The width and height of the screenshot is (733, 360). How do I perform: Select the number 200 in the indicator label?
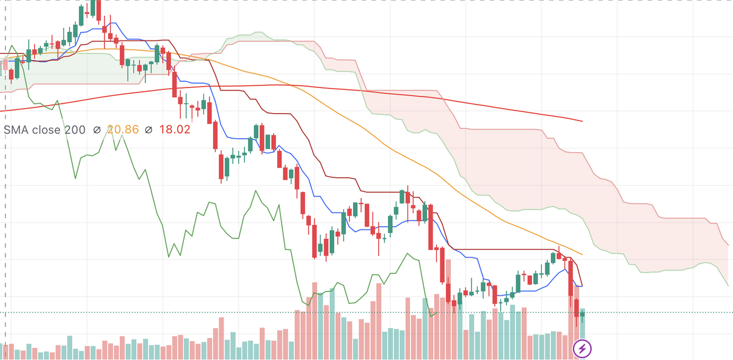(x=75, y=130)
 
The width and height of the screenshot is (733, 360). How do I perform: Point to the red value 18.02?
(x=175, y=130)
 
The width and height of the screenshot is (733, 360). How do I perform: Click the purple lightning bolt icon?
(x=582, y=349)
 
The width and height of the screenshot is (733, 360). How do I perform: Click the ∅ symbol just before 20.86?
(x=97, y=130)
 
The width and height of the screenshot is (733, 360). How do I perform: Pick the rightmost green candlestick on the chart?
(x=583, y=315)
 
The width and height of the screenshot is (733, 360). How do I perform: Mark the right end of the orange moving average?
(x=582, y=254)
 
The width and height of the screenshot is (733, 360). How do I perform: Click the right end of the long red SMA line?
(x=582, y=121)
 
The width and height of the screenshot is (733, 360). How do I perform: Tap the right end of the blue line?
(x=582, y=286)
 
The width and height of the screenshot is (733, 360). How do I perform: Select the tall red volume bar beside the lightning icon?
(x=576, y=318)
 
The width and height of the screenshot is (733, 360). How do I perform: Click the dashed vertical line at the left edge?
(x=6, y=183)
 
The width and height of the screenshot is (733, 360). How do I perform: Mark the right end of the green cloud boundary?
(x=728, y=285)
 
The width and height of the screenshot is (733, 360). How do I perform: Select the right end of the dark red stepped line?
(x=582, y=285)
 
